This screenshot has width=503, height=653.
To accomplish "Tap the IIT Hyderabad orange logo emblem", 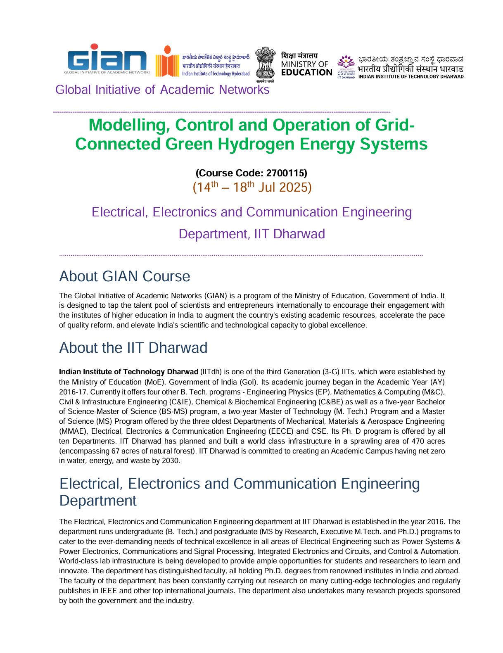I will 167,62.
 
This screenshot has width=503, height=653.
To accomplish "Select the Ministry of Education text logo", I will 306,64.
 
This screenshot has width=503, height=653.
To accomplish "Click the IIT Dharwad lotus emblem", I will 346,64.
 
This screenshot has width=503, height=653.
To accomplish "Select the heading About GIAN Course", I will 125,276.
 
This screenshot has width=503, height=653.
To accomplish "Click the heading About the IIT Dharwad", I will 133,348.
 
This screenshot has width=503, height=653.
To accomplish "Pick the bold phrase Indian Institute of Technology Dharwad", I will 128,372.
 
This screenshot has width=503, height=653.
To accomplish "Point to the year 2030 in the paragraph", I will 170,461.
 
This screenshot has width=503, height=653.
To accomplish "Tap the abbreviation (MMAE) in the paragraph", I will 73,431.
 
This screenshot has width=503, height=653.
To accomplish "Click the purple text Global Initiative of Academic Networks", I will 162,90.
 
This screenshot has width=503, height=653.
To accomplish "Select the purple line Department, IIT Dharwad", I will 251,234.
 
